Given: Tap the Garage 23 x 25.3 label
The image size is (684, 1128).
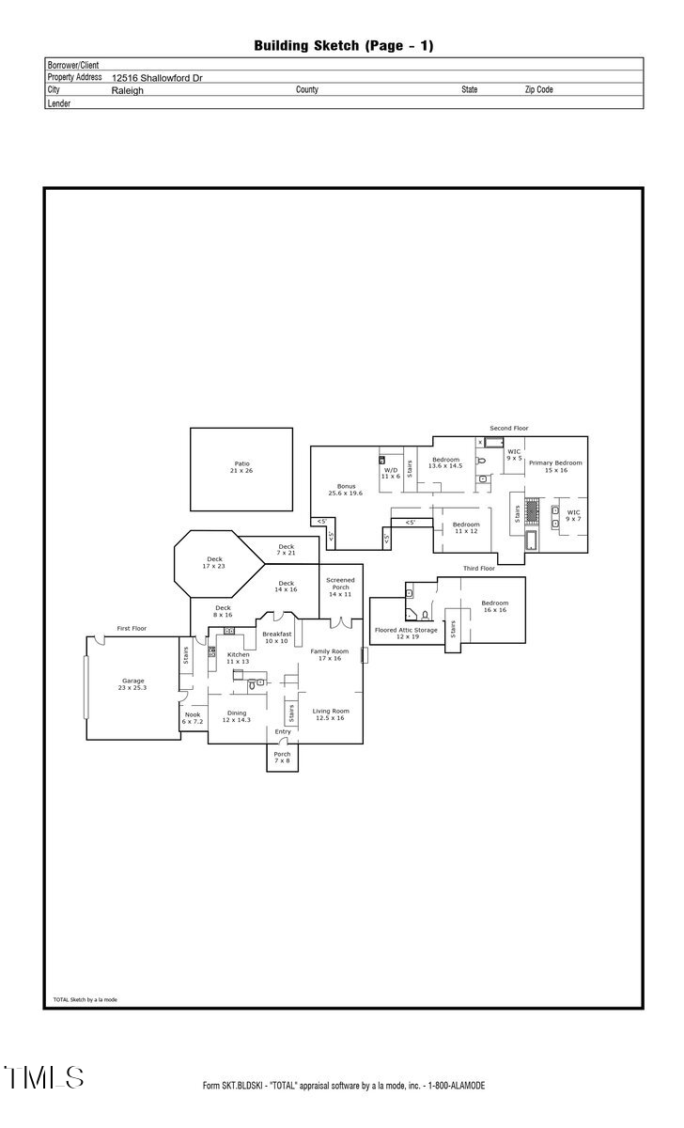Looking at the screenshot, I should (132, 684).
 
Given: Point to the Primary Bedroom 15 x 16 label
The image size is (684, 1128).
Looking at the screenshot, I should (554, 466).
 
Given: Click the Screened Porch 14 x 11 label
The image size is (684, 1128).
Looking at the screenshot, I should (339, 587).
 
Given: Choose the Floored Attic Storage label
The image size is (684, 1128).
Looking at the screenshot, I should (406, 634).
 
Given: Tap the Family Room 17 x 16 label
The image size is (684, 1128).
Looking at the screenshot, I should (330, 655).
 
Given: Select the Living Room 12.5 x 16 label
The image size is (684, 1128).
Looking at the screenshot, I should (331, 714).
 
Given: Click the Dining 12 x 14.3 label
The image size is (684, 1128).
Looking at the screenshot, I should (236, 716).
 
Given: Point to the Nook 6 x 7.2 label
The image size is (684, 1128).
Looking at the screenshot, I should (193, 718).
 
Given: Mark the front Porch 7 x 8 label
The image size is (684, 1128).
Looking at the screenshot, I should (282, 758).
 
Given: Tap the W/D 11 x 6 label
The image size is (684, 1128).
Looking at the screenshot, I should (391, 474).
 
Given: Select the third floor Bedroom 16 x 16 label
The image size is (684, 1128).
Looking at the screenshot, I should (494, 606).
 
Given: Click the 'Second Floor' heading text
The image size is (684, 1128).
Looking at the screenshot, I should (508, 428).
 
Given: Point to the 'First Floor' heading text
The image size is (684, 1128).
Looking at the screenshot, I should (132, 628).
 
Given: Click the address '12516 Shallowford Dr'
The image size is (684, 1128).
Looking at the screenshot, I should (157, 79).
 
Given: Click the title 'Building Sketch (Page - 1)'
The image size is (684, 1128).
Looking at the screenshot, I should (343, 45).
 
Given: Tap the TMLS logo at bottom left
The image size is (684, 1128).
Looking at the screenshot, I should (43, 1077).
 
